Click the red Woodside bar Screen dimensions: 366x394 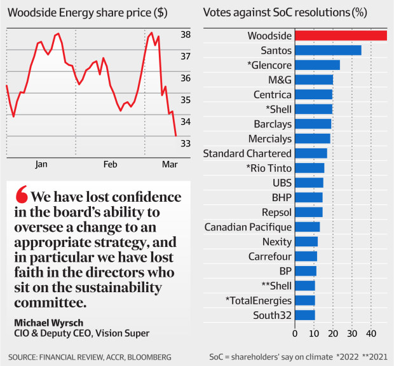[x=341, y=36]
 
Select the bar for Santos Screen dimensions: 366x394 [x=328, y=50]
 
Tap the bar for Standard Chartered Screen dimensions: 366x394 [x=311, y=153]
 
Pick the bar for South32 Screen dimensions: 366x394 [x=305, y=315]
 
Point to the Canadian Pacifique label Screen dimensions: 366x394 [x=248, y=227]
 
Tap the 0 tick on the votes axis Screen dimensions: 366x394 [x=295, y=333]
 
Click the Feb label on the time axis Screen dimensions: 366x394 [x=111, y=164]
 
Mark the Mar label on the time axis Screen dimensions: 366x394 [x=170, y=164]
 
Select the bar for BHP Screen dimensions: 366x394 [x=309, y=197]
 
